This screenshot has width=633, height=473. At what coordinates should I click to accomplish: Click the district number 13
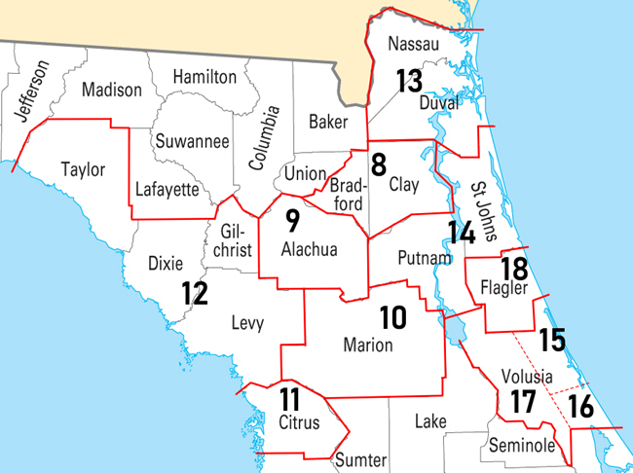[x=409, y=81]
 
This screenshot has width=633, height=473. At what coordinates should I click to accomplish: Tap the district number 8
[x=378, y=162]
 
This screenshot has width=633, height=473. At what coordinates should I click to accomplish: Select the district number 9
[x=291, y=221]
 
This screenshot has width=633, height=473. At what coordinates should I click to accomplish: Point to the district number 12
[x=195, y=292]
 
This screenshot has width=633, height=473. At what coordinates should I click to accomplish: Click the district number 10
[x=392, y=316]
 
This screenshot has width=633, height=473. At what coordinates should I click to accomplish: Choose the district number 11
[x=289, y=399]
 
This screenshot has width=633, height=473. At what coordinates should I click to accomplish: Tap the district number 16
[x=580, y=407]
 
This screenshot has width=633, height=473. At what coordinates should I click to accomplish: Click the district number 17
[x=523, y=401]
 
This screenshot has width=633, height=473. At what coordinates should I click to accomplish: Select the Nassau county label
[x=414, y=45]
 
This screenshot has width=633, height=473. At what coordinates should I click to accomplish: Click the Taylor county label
[x=83, y=169]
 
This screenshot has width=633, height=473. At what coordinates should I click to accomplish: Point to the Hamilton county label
[x=205, y=76]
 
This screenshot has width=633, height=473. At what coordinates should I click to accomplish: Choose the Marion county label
[x=368, y=346]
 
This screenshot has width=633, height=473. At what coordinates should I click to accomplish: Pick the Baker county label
[x=328, y=122]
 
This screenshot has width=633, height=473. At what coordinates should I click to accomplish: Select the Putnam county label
[x=426, y=258]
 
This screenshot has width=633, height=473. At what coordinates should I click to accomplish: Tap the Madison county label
[x=112, y=90]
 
